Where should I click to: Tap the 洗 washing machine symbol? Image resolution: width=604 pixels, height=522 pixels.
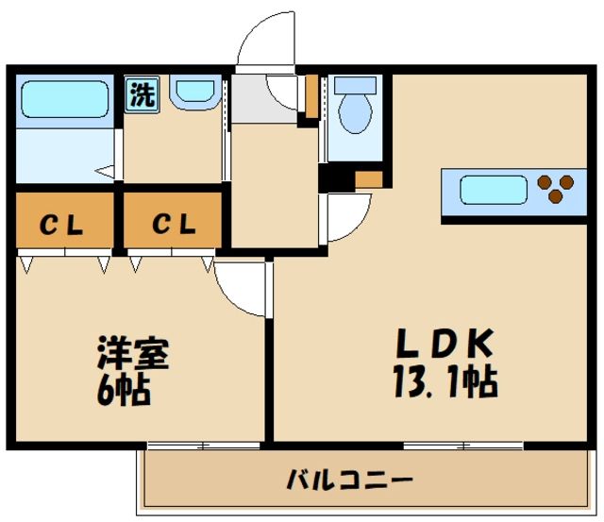tap(143, 94)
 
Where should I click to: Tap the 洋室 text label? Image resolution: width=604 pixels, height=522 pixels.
tap(133, 356)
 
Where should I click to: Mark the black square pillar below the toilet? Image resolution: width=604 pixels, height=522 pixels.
tap(329, 177)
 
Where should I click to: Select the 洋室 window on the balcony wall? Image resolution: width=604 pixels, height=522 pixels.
tap(204, 444)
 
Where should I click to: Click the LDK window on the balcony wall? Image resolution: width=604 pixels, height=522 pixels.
tap(462, 444)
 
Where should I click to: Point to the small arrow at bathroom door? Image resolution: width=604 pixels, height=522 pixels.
tap(107, 173)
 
